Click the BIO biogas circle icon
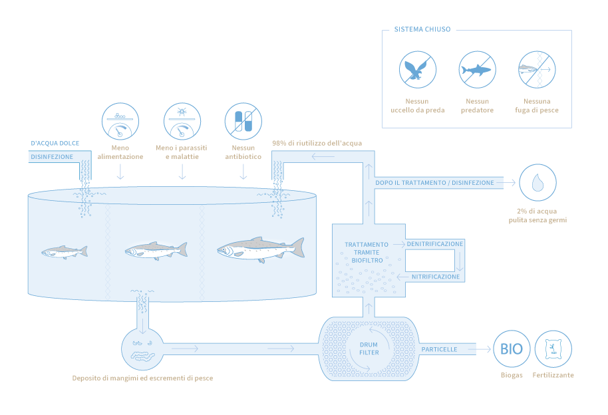(512, 349)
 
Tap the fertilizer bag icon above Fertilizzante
(553, 349)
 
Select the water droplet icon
(537, 183)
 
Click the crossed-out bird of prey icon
(417, 70)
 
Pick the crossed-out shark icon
(477, 70)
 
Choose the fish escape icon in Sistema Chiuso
(537, 70)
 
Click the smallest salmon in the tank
(64, 251)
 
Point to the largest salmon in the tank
(260, 249)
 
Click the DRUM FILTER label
(369, 348)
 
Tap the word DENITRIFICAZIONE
(434, 244)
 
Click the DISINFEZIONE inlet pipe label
(51, 157)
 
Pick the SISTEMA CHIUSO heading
(422, 30)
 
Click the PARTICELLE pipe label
(439, 349)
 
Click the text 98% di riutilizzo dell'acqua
(317, 143)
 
